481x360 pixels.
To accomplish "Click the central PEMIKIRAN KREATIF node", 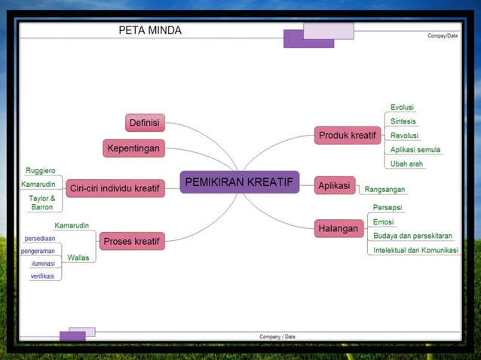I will (x=239, y=182).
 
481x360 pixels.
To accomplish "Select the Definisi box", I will (x=144, y=122).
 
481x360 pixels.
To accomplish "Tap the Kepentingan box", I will (x=133, y=148).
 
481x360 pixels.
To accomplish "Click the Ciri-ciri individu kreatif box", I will (x=115, y=188).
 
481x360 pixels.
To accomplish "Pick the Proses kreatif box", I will (x=132, y=241).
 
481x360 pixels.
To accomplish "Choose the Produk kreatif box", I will (x=347, y=136).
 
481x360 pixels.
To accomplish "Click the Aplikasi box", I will (x=334, y=185).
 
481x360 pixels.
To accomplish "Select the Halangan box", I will (x=338, y=228).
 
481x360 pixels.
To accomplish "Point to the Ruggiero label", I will (x=40, y=171).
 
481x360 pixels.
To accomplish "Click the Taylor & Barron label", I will (x=41, y=203).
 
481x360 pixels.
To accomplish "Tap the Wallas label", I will (x=78, y=258).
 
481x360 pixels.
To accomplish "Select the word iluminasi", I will (x=47, y=264).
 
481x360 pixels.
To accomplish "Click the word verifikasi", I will (x=46, y=276).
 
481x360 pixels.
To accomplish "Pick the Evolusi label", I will (x=402, y=108).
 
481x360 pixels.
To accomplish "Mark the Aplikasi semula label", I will (x=415, y=150).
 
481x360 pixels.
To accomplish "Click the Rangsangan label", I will (x=384, y=190).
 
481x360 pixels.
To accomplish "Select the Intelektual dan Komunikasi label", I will (x=416, y=250).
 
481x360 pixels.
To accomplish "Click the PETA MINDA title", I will (x=150, y=31).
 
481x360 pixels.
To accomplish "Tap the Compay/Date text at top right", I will (x=442, y=35).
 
